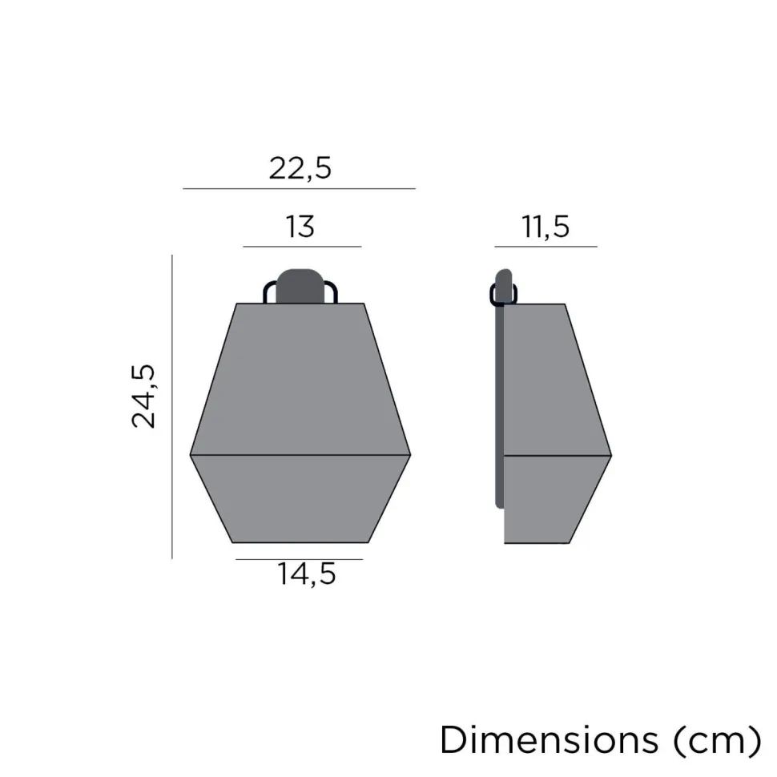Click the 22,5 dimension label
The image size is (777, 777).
pyautogui.click(x=300, y=169)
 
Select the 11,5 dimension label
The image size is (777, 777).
pyautogui.click(x=546, y=227)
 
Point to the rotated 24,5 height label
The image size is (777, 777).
pyautogui.click(x=146, y=396)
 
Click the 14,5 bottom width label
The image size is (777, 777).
pyautogui.click(x=306, y=574)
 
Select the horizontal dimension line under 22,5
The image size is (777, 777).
pyautogui.click(x=299, y=189)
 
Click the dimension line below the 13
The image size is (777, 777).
pyautogui.click(x=302, y=247)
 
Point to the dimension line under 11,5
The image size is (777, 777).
pyautogui.click(x=546, y=247)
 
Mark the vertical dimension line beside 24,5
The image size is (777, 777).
pyautogui.click(x=172, y=406)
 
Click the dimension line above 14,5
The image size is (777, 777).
pyautogui.click(x=299, y=559)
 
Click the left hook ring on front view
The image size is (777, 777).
pyautogui.click(x=268, y=292)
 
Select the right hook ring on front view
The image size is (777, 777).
pyautogui.click(x=332, y=292)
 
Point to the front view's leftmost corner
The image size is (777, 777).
pyautogui.click(x=191, y=454)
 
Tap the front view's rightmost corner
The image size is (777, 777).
pyautogui.click(x=409, y=454)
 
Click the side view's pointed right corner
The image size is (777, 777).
pyautogui.click(x=610, y=456)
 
